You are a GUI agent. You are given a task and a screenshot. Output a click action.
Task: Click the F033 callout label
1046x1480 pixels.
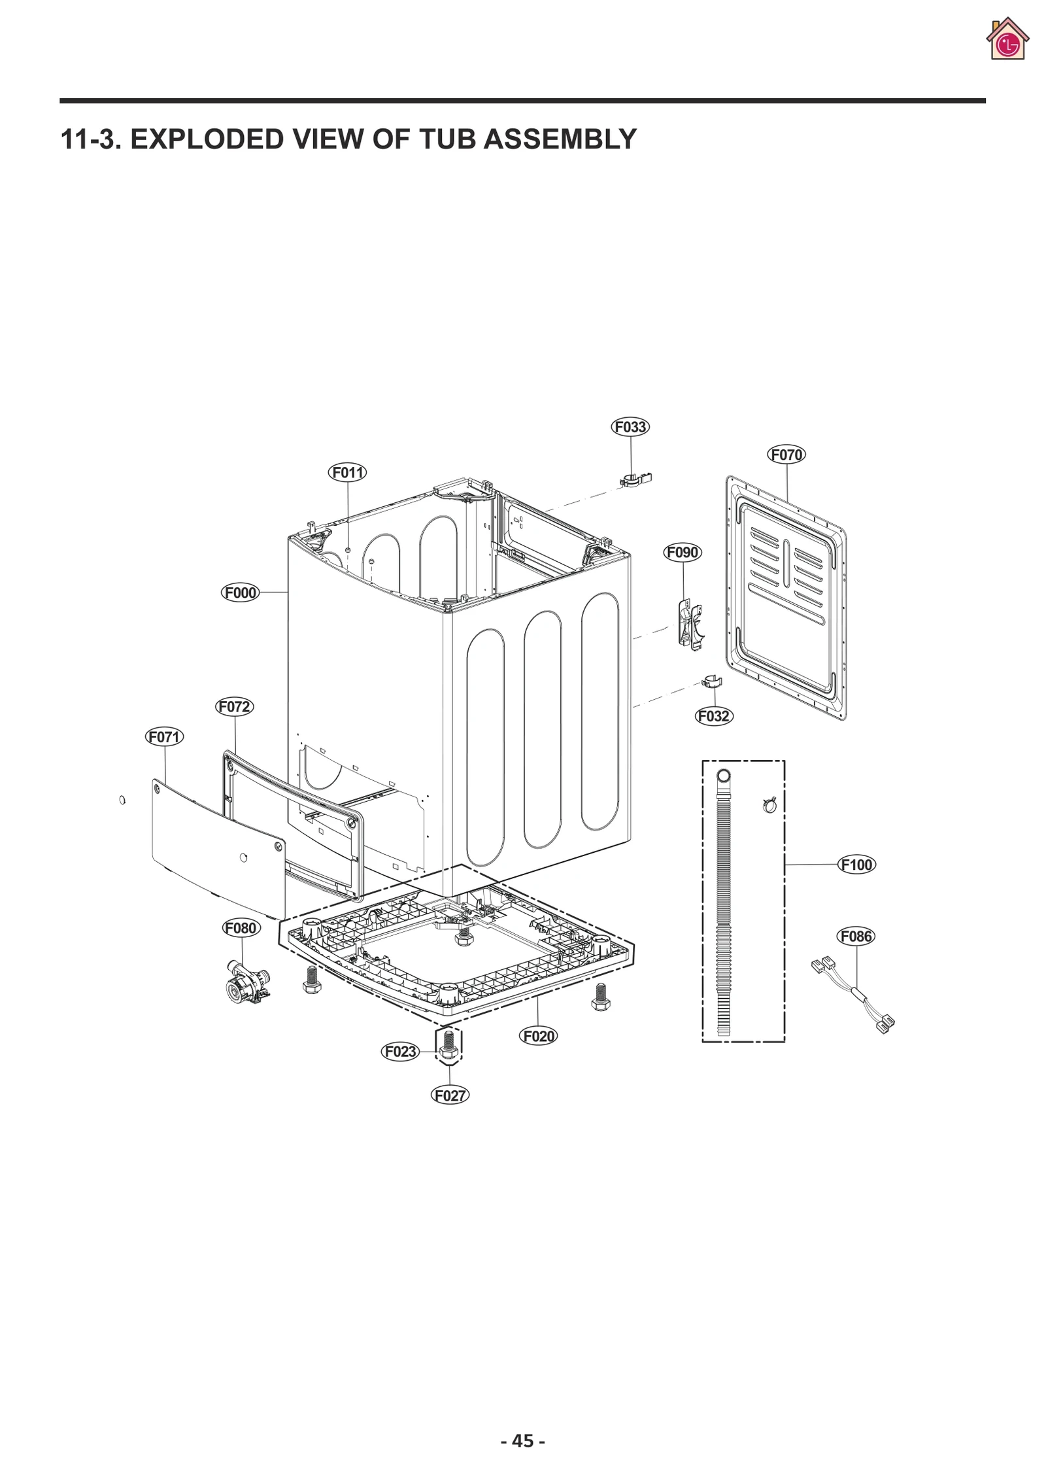[630, 427]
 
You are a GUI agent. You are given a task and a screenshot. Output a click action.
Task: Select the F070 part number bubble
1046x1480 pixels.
[786, 455]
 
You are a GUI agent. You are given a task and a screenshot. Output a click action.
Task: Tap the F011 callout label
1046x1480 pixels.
[347, 472]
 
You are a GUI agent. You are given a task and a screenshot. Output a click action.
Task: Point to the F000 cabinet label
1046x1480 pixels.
[241, 593]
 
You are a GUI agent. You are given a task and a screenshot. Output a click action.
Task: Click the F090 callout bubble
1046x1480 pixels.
[683, 553]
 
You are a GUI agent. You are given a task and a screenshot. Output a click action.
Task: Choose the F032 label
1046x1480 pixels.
[713, 716]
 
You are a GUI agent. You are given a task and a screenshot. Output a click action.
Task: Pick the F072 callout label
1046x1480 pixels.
[234, 707]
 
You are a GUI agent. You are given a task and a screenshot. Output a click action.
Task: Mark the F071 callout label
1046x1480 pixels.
[164, 737]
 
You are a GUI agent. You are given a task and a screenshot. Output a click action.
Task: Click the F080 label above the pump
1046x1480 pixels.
[241, 928]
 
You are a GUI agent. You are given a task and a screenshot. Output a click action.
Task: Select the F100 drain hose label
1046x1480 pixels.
[856, 865]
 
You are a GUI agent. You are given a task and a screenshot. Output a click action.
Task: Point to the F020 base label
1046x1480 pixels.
[539, 1036]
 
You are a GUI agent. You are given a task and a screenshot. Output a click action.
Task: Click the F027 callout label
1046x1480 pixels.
[450, 1095]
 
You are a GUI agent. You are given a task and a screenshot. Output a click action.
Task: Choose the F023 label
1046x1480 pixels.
[400, 1052]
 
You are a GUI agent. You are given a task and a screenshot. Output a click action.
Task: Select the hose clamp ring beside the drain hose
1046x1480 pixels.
[769, 805]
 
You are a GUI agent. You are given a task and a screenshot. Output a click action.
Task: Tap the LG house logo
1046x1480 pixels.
[1007, 40]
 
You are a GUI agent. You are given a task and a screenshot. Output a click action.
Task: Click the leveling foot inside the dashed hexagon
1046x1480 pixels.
[448, 1045]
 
